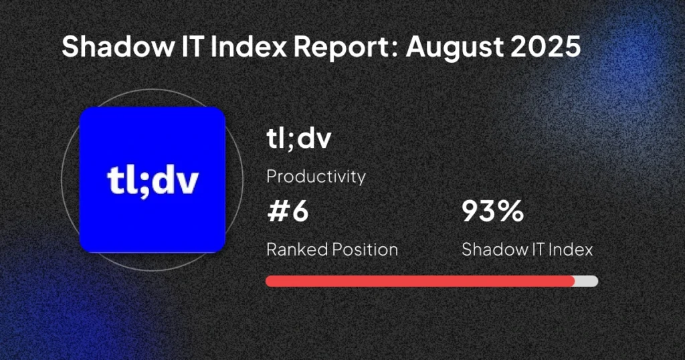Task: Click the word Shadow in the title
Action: (118, 46)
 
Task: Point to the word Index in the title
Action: (249, 46)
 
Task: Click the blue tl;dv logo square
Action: (153, 179)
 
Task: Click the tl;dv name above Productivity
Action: (299, 138)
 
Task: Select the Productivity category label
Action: (316, 177)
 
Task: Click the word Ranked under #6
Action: (297, 250)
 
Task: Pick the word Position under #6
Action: (365, 250)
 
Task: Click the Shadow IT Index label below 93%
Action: (527, 250)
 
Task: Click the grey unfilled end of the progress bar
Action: (586, 281)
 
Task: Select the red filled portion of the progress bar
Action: (420, 281)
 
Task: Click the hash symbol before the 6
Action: (277, 211)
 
